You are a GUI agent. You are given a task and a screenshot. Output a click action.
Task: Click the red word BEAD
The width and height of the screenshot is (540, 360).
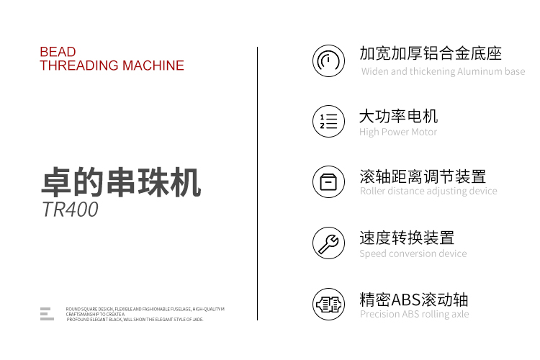point(58,52)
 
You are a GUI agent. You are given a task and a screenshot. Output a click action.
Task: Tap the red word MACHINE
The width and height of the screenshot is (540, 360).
point(153,66)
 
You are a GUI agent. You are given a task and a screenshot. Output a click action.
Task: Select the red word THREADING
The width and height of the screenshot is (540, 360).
point(79,66)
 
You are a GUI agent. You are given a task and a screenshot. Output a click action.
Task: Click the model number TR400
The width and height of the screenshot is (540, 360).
point(70,209)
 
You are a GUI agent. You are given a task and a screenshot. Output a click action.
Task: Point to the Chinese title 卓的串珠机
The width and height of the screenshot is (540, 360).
point(121,182)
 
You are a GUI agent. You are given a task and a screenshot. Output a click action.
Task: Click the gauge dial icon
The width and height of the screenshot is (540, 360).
point(328,60)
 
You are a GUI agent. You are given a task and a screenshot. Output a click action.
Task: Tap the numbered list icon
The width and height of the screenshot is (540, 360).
point(328,121)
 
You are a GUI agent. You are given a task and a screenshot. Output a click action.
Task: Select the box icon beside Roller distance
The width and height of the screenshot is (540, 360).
point(328,182)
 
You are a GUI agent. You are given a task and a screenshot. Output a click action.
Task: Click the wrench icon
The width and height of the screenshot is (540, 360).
point(328,243)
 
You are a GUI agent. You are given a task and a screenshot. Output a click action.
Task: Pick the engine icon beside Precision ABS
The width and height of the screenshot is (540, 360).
point(328,304)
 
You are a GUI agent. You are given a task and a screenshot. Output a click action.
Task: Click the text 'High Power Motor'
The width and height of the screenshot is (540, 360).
point(398,132)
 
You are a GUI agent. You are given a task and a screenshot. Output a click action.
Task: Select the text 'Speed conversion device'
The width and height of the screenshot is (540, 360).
point(413,254)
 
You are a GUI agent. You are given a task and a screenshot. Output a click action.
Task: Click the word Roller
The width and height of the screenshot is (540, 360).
point(372,191)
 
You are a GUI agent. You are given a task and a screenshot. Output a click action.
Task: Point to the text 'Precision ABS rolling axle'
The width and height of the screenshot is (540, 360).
point(414,314)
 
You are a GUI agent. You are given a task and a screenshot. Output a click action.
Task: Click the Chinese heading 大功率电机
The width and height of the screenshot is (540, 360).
point(398,116)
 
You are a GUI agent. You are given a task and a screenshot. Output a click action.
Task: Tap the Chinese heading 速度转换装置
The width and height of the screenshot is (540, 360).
point(407,238)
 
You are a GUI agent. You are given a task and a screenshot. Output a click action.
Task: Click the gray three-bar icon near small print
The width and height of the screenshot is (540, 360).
point(47,314)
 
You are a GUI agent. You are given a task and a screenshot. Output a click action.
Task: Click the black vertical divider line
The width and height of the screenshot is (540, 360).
point(257,184)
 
